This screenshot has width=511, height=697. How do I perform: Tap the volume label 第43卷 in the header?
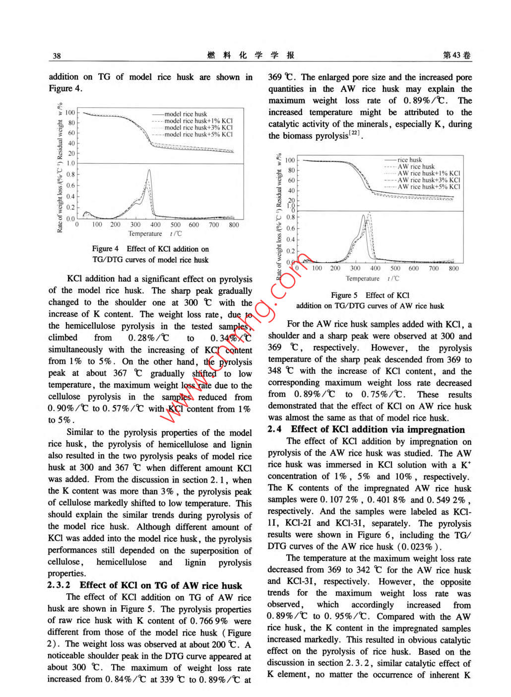pos(456,56)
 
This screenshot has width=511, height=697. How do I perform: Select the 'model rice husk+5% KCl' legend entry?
pos(198,135)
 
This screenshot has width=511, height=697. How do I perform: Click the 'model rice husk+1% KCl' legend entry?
pos(198,121)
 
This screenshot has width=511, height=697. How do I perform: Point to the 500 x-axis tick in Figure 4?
pos(175,225)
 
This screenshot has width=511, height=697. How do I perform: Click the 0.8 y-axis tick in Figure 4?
pos(70,174)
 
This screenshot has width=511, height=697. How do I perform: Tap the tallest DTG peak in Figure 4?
pos(149,171)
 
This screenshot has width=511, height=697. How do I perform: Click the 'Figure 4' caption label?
pos(105,249)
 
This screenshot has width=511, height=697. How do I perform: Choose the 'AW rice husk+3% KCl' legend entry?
pos(429,180)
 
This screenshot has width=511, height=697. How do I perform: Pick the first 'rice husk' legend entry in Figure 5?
pos(409,160)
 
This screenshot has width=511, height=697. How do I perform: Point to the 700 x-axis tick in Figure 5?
pos(434,269)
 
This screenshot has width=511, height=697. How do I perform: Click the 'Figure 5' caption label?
pos(344,295)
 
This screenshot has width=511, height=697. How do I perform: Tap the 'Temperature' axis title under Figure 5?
pos(363,279)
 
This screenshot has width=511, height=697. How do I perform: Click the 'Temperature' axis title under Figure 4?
pos(145,234)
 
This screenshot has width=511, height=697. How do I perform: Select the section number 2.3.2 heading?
pos(59,585)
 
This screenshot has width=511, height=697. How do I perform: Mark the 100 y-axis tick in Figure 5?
pos(289,160)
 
